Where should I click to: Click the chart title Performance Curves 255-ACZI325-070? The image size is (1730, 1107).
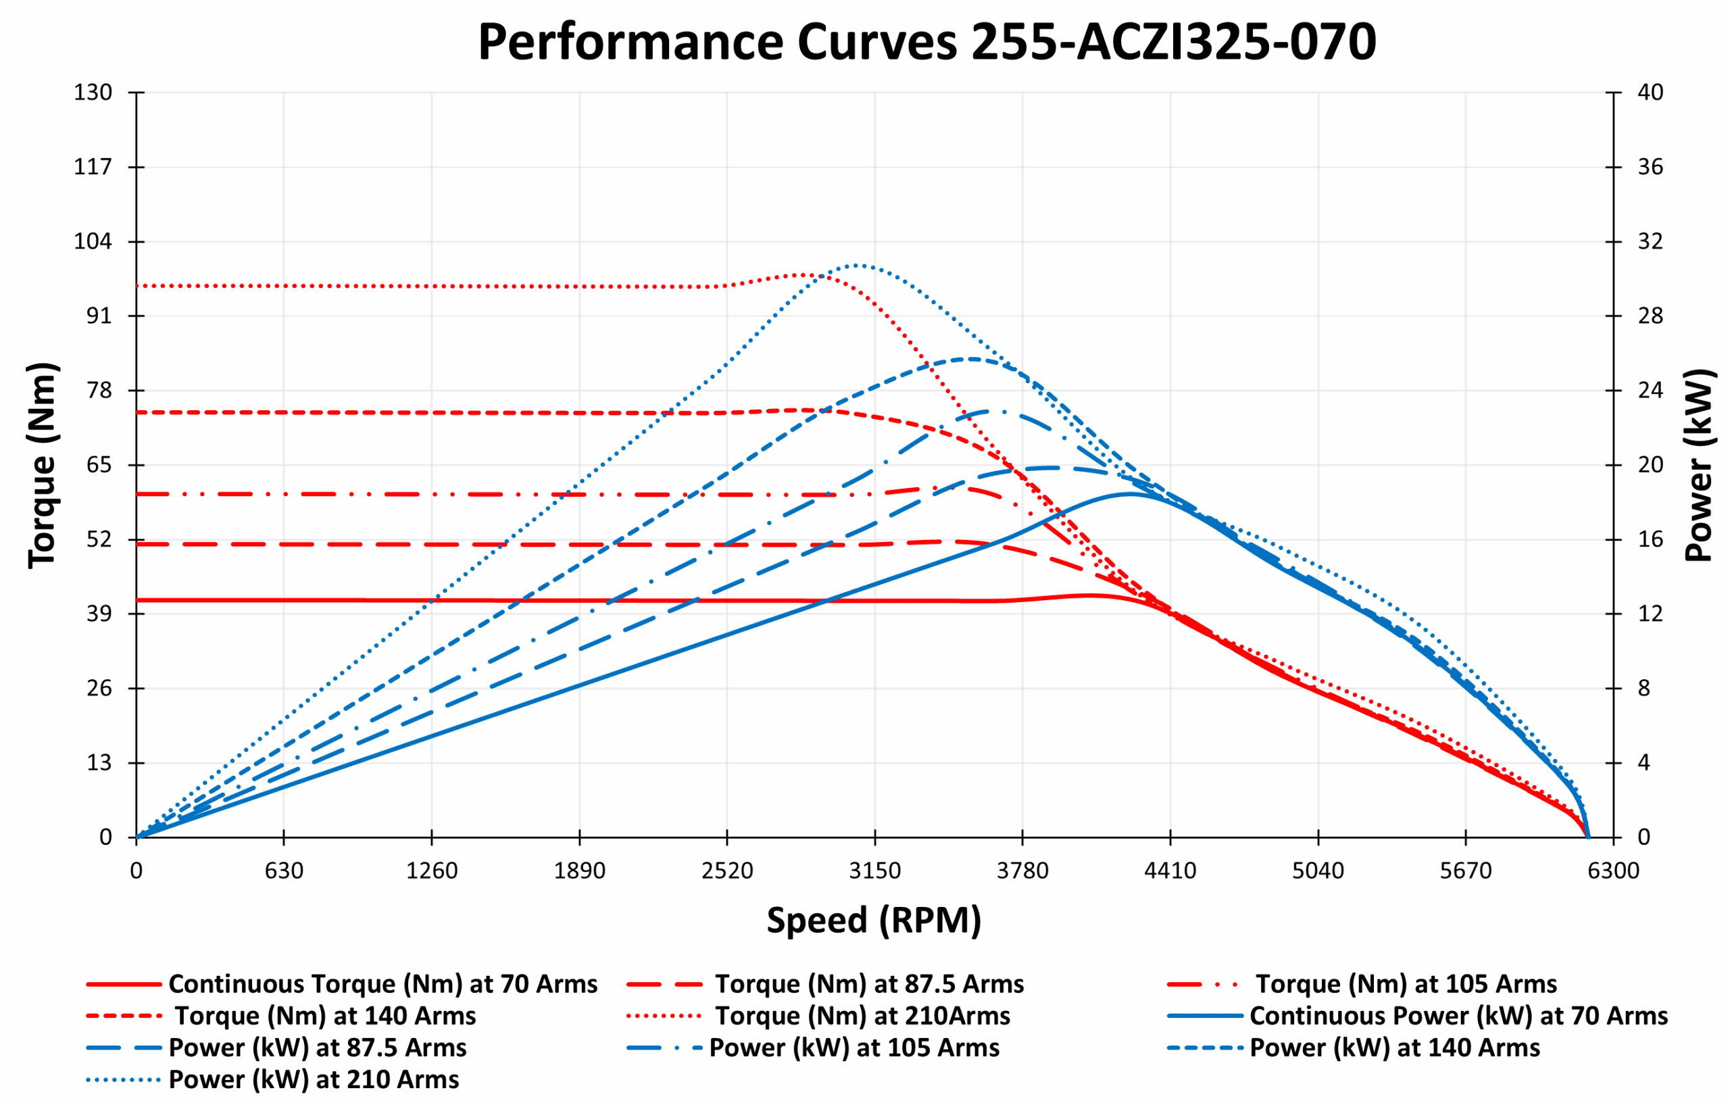click(926, 42)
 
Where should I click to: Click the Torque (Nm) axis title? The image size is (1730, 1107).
click(42, 465)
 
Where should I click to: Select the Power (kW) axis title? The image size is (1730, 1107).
click(1699, 465)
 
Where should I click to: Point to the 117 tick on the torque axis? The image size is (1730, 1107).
click(93, 167)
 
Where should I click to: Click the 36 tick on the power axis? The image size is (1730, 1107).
click(1650, 167)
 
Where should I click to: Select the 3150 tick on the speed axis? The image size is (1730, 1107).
click(874, 871)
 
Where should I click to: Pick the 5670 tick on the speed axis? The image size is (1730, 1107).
click(1466, 871)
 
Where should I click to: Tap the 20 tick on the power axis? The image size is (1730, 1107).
click(1650, 464)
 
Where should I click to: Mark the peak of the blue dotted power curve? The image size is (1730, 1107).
click(858, 265)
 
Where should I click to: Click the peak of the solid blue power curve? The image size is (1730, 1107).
click(1129, 494)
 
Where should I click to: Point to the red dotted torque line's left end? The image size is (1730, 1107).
click(138, 285)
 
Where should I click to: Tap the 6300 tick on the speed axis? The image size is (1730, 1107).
click(1614, 871)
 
